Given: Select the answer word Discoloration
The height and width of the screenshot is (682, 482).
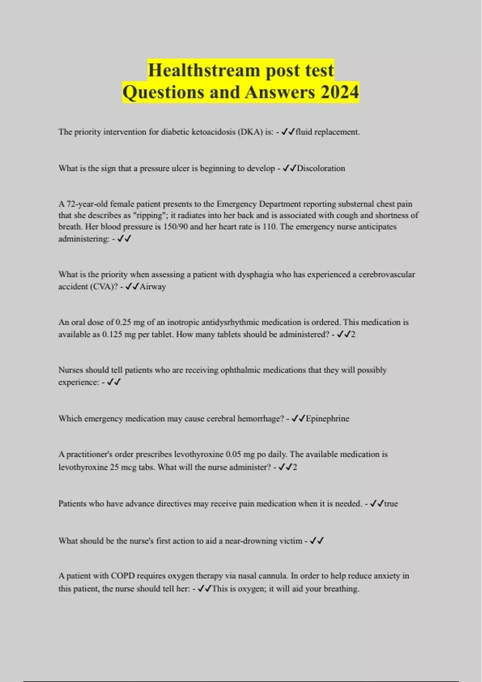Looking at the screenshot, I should (321, 168).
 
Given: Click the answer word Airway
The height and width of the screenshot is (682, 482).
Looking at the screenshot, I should (153, 287).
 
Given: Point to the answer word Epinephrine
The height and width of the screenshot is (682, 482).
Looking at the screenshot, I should (327, 419).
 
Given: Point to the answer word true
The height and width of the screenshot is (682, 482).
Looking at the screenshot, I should (391, 504).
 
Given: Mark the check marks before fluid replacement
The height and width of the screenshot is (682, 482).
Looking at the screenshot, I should (288, 132).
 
